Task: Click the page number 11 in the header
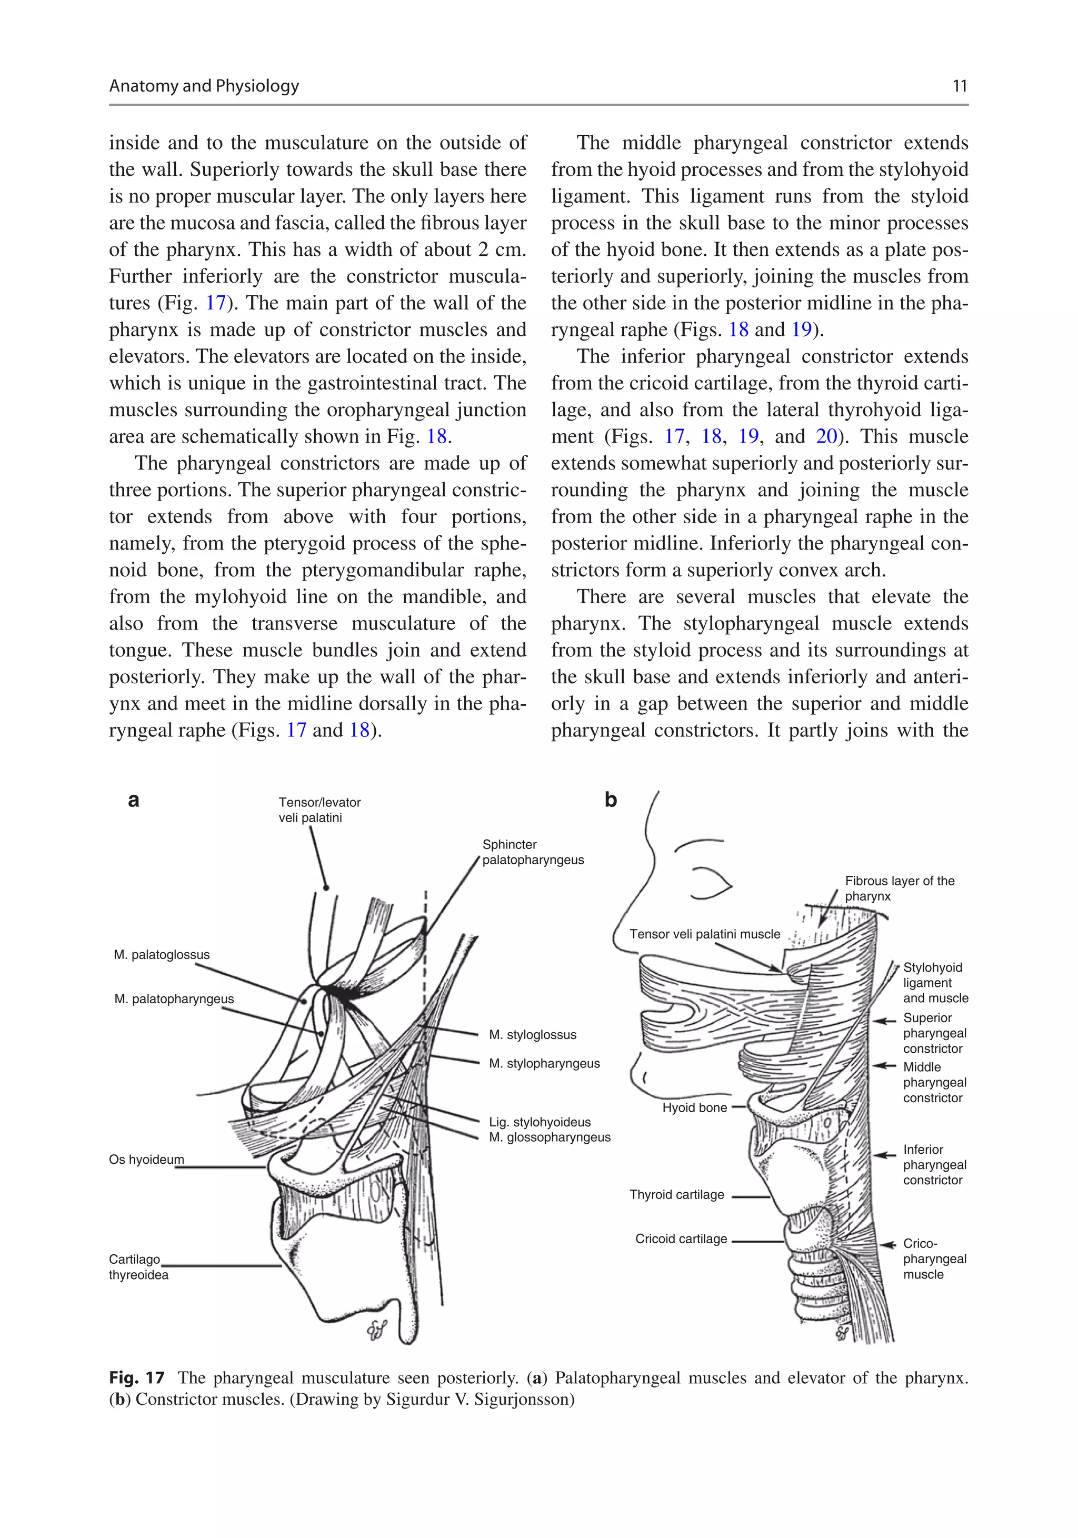(960, 86)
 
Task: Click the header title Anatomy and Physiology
(204, 86)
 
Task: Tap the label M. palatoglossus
(162, 955)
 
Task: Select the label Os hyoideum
(146, 1160)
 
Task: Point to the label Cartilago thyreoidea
(138, 1267)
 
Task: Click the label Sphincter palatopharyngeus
(533, 852)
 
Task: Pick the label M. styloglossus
(532, 1035)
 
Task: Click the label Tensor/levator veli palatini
(319, 810)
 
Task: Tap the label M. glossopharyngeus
(550, 1137)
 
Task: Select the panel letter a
(133, 800)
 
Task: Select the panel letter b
(611, 800)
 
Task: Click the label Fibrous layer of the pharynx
(899, 888)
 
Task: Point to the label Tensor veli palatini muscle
(704, 934)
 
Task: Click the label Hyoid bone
(694, 1108)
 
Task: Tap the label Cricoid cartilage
(681, 1239)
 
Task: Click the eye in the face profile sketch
(712, 882)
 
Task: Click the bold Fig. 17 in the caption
(137, 1378)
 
